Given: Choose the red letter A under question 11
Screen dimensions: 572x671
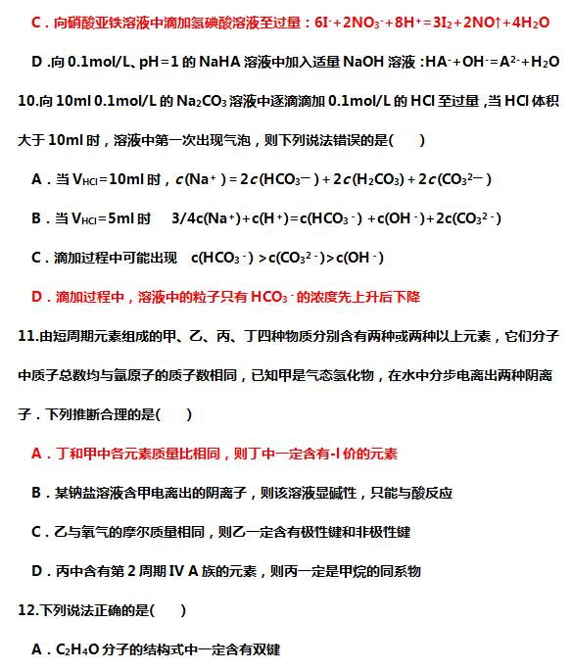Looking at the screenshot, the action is [37, 454].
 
